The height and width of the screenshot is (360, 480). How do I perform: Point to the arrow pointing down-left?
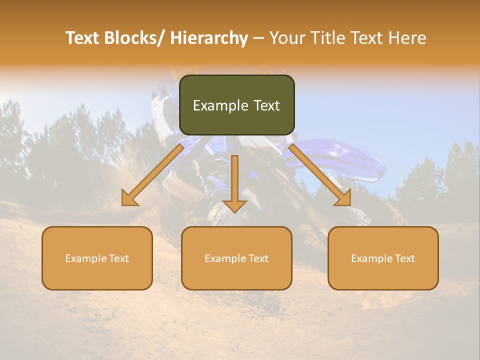pyautogui.click(x=152, y=175)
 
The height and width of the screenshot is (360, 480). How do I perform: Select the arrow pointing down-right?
pyautogui.click(x=320, y=175)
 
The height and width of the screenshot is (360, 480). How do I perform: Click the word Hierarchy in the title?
pyautogui.click(x=208, y=38)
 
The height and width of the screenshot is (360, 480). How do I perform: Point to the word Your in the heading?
pyautogui.click(x=287, y=38)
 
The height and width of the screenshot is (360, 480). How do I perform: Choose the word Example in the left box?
pyautogui.click(x=86, y=258)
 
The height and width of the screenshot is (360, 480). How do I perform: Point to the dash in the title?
pyautogui.click(x=258, y=38)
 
